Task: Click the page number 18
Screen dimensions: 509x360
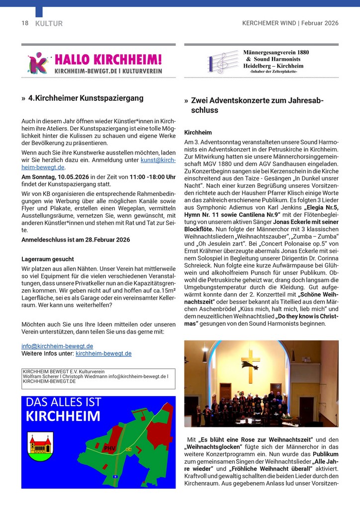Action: pos(25,23)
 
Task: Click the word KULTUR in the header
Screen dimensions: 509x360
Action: pos(49,23)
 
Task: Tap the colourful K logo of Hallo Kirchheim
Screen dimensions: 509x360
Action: pos(38,63)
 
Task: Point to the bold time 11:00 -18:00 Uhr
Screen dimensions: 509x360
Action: pos(152,177)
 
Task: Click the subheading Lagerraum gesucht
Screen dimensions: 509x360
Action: pos(48,259)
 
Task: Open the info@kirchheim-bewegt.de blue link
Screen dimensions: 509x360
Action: pos(57,346)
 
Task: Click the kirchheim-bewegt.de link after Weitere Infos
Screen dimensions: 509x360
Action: pos(103,353)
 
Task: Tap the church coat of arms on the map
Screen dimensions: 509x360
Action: pos(41,443)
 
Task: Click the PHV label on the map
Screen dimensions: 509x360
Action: pos(109,448)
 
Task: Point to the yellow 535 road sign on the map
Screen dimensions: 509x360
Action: pos(128,449)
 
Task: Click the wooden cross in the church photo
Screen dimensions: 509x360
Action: pos(251,365)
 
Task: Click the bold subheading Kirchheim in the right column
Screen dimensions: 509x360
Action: pos(198,133)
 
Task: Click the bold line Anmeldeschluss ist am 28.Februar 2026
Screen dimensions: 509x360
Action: pos(76,240)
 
